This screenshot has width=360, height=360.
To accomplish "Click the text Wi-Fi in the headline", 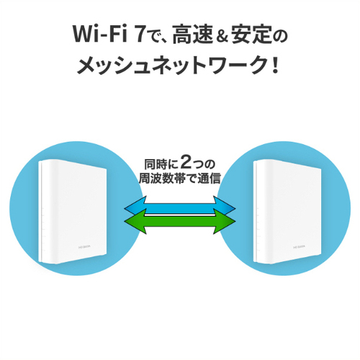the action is (99, 34).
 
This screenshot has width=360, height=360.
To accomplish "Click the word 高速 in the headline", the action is (192, 34).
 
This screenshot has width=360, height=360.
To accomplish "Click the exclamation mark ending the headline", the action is (275, 64).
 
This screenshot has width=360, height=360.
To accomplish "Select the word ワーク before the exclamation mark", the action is (238, 64).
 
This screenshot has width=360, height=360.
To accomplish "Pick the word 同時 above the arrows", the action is (154, 164).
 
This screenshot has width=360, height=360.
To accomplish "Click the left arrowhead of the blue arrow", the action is (134, 206).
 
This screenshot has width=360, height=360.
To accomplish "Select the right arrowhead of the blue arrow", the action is (225, 205).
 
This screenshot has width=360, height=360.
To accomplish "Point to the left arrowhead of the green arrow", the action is (135, 221).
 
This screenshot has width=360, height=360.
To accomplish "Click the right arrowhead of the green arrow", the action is (225, 221).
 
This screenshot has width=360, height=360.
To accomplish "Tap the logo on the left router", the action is (86, 246).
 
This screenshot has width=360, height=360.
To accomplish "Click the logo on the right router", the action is (300, 246).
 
